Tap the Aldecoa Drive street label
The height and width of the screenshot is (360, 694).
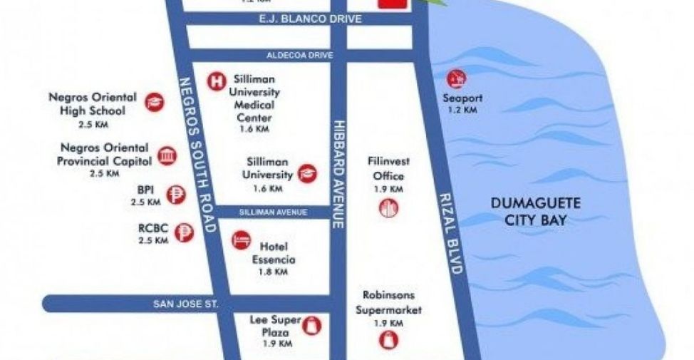pos(295,55)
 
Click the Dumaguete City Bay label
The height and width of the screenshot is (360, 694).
pos(535,212)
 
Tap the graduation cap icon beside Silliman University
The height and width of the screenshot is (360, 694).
pos(307,174)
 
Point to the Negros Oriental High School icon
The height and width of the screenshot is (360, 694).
pos(153,103)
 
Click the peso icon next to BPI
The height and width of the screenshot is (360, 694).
pos(174,194)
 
